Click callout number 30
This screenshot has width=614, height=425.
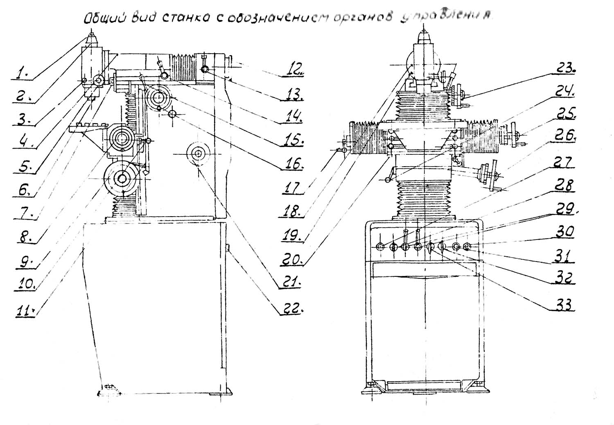[565, 232]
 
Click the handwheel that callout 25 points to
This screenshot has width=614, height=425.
[514, 136]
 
